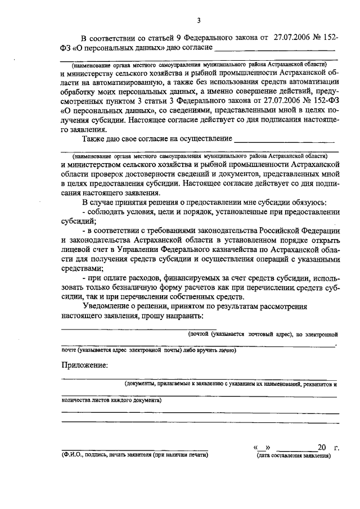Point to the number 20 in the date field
[322, 448]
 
